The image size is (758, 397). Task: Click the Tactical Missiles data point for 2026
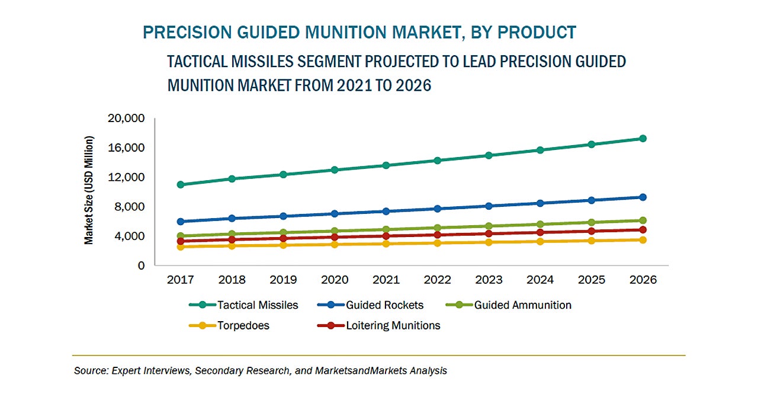643,139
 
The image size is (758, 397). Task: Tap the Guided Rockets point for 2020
335,214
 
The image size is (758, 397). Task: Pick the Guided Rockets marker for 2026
643,197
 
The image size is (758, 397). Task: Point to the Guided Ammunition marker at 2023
489,226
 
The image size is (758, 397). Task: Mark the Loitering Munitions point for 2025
591,231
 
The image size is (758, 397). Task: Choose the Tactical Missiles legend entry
257,305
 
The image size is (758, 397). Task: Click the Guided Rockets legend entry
384,305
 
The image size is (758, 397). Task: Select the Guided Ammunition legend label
522,305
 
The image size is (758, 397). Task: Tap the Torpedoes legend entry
243,325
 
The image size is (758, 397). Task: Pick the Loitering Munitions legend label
393,325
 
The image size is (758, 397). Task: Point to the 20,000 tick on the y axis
126,119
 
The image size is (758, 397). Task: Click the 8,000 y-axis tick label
129,207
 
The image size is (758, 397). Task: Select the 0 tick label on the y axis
141,266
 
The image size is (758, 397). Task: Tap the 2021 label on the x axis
386,280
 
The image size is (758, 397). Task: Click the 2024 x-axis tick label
540,280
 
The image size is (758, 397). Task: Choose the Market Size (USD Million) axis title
89,191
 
